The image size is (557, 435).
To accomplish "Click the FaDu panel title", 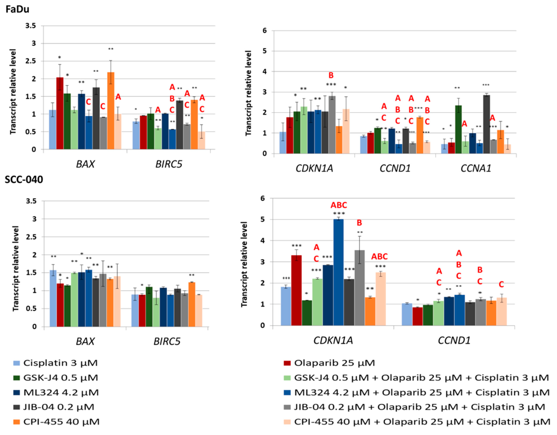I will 17,9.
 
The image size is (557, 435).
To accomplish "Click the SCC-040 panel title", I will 24,180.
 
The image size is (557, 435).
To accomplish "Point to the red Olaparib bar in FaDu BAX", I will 60,113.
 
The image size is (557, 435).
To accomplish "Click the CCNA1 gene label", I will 476,168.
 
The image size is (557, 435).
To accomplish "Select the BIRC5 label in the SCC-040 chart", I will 167,341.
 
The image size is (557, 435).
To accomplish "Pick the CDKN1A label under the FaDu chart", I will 314,168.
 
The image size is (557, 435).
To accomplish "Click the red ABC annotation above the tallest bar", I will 339,205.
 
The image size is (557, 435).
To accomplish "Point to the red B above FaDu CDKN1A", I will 331,75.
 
